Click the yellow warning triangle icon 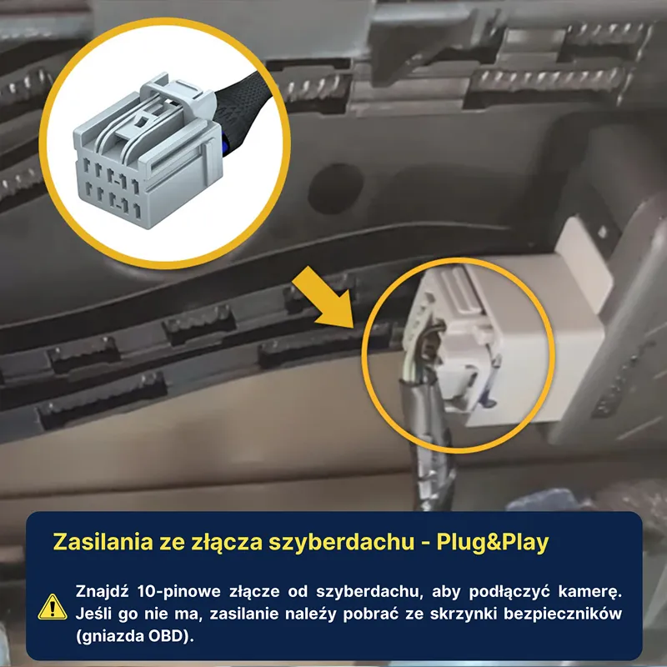(x=53, y=608)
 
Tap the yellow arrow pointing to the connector (x=325, y=298)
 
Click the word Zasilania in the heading (x=103, y=541)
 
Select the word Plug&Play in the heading (x=493, y=543)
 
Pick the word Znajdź (x=102, y=591)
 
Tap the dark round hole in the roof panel (x=336, y=189)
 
